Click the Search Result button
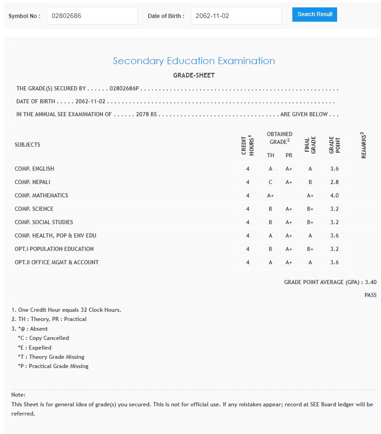(314, 14)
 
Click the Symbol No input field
(92, 16)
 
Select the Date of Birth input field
(236, 16)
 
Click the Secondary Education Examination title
(194, 61)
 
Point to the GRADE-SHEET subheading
(194, 75)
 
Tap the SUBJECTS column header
(27, 145)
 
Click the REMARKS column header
(363, 145)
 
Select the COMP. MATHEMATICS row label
(41, 196)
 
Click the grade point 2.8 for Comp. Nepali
(334, 182)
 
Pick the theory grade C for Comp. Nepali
(271, 182)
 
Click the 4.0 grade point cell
(334, 196)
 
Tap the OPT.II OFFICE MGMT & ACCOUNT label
(57, 262)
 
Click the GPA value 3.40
(370, 282)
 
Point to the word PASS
(370, 295)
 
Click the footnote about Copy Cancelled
(43, 338)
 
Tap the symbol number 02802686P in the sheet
(124, 89)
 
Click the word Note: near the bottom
(18, 395)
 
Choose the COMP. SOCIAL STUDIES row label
(44, 222)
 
